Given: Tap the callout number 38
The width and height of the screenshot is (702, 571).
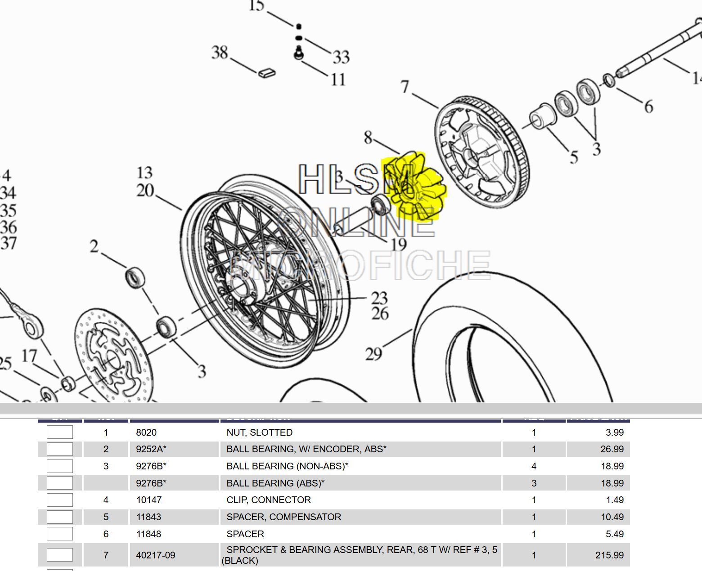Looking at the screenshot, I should point(220,53).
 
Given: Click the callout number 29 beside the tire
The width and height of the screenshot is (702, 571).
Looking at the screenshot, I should point(373,354).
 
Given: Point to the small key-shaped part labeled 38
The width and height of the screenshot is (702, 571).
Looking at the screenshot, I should point(267,72).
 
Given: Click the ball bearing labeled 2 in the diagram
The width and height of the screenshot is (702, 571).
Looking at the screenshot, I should point(135,277).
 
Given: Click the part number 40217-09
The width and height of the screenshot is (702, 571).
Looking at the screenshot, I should point(155,555).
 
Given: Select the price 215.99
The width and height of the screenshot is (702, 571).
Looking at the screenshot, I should point(609,555).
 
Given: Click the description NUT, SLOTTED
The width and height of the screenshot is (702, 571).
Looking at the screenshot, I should point(259,433).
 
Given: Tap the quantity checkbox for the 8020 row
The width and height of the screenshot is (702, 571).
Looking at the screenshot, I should point(60,433).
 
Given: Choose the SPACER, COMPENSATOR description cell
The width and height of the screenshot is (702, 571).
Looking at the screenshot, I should point(283,517).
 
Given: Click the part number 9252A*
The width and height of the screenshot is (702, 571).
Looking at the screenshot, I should point(151,449).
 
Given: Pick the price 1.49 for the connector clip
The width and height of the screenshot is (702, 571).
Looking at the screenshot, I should point(615,500).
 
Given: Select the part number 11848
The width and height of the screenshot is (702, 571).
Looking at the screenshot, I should point(148,534).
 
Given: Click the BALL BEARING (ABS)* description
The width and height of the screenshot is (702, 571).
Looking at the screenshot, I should point(275,483).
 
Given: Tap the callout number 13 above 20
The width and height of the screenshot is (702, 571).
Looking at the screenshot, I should point(144,173).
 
